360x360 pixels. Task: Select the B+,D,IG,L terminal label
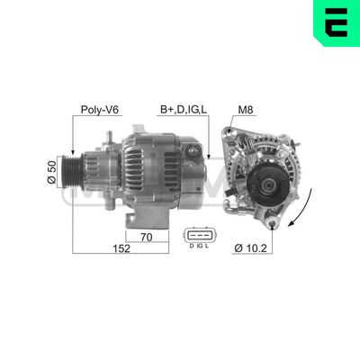(184, 112)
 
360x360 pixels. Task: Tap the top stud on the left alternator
(108, 135)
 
